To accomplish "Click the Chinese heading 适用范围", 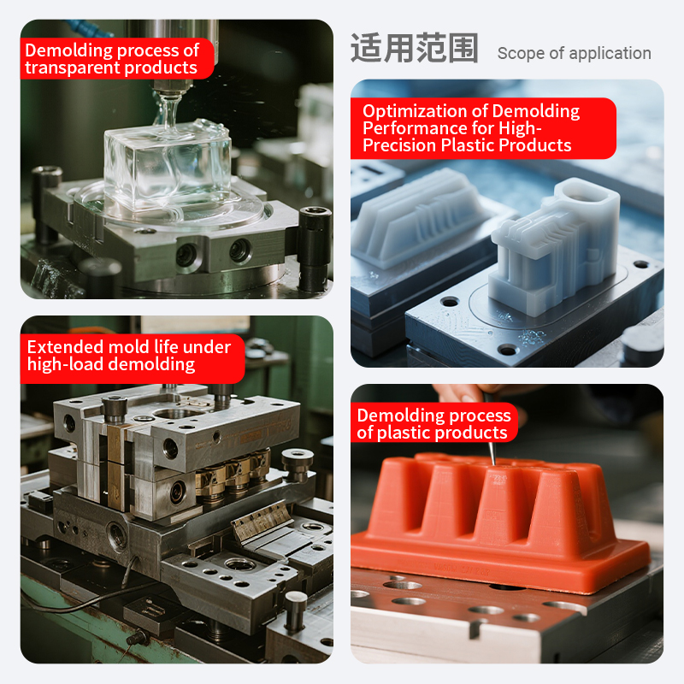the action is (415, 48).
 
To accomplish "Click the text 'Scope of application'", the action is (574, 53).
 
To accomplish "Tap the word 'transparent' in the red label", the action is (72, 68).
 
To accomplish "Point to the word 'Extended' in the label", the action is (65, 347).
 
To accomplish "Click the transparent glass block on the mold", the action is (168, 166).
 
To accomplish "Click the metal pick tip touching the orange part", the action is (493, 463).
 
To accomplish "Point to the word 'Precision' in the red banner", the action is (399, 145).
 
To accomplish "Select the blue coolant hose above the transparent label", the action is (91, 28).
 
